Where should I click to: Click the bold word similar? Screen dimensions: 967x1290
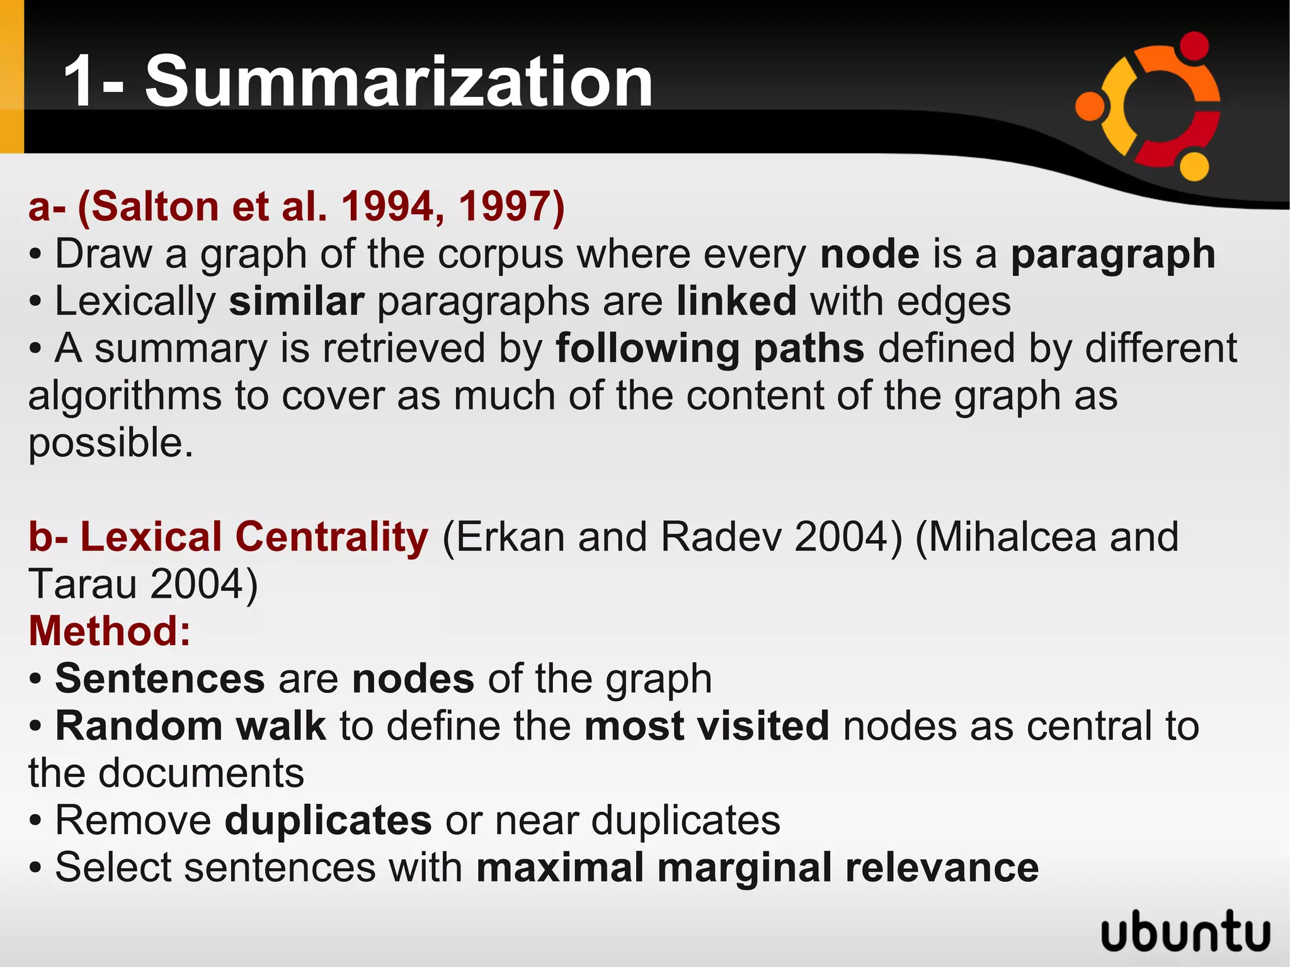(x=297, y=301)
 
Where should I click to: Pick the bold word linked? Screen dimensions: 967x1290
(x=736, y=301)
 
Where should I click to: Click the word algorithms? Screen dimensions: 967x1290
(x=125, y=397)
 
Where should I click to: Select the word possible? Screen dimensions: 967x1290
(x=110, y=443)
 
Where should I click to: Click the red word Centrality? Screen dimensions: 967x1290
(x=331, y=537)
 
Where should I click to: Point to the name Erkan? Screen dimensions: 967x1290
(x=510, y=537)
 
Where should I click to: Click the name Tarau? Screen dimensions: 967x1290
(x=83, y=584)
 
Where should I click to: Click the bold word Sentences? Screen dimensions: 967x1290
(x=160, y=679)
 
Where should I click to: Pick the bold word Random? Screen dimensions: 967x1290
(x=139, y=726)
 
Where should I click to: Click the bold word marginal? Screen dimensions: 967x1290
(x=744, y=868)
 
